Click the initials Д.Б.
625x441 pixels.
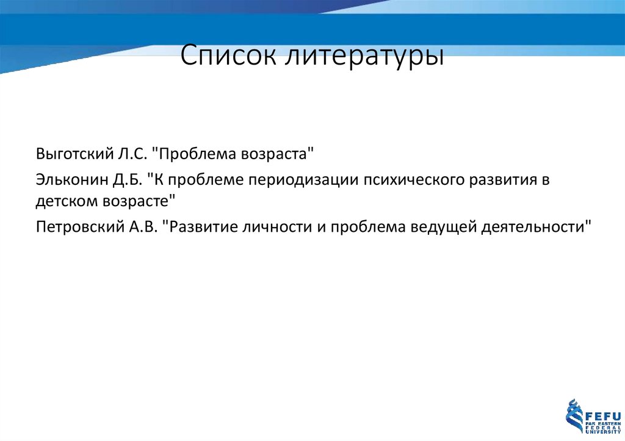pos(126,181)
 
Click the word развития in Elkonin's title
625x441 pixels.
pos(500,181)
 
